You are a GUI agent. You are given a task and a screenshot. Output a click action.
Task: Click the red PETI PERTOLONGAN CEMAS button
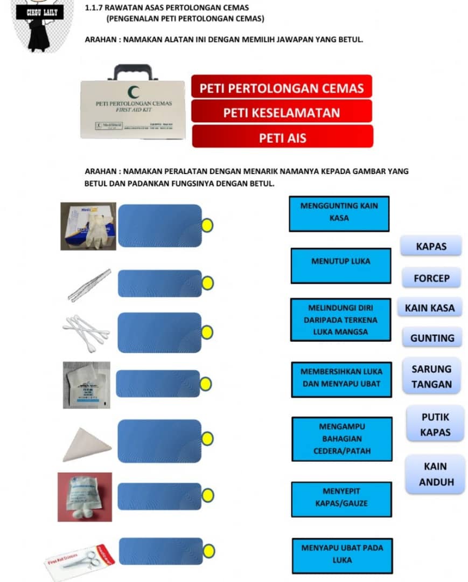point(281,87)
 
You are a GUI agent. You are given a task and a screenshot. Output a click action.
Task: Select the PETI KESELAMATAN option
point(281,112)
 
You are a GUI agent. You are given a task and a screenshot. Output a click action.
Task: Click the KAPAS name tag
point(431,246)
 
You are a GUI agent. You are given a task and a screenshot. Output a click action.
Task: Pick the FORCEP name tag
point(431,279)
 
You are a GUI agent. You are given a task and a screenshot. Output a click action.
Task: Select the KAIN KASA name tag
point(430,308)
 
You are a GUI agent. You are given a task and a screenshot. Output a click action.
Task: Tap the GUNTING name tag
point(432,338)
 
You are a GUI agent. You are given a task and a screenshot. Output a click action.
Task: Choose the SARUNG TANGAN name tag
point(431,377)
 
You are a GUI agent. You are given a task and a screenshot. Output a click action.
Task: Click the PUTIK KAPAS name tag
point(435,424)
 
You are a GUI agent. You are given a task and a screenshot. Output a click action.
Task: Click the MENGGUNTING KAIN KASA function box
point(339,213)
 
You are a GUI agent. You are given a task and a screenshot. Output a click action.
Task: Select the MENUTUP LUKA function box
point(340,265)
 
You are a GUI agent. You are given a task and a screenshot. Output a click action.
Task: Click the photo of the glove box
point(88,226)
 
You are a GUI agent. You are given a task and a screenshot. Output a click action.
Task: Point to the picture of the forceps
point(89,285)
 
